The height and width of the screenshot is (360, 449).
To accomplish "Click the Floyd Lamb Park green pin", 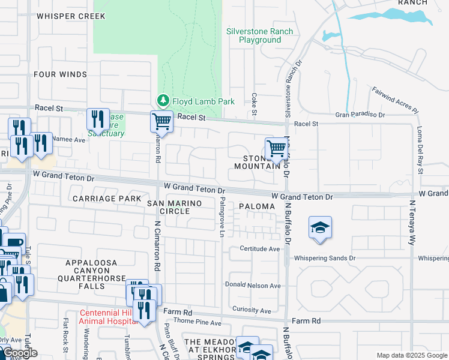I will tap(162, 100).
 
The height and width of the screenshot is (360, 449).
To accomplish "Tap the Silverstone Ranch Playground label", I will tap(259, 35).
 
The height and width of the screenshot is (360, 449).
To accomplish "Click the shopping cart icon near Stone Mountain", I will tap(276, 148).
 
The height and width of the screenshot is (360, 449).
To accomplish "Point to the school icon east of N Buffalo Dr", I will tap(321, 228).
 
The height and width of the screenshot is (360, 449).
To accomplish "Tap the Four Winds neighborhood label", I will tap(61, 74).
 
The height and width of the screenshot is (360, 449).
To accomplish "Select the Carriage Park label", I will tap(106, 198).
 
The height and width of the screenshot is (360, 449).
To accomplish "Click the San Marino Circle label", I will tap(174, 208).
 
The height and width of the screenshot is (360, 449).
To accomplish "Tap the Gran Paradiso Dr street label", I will tap(360, 114).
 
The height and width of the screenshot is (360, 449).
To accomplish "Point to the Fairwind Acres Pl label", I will tap(395, 100).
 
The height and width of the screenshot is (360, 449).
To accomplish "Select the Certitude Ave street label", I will tap(260, 248).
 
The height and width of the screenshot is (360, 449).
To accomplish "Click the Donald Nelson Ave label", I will tap(253, 285).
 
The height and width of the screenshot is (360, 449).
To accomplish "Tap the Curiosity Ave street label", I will tap(252, 310).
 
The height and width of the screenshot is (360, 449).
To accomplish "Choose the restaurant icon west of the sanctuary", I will tap(97, 119).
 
